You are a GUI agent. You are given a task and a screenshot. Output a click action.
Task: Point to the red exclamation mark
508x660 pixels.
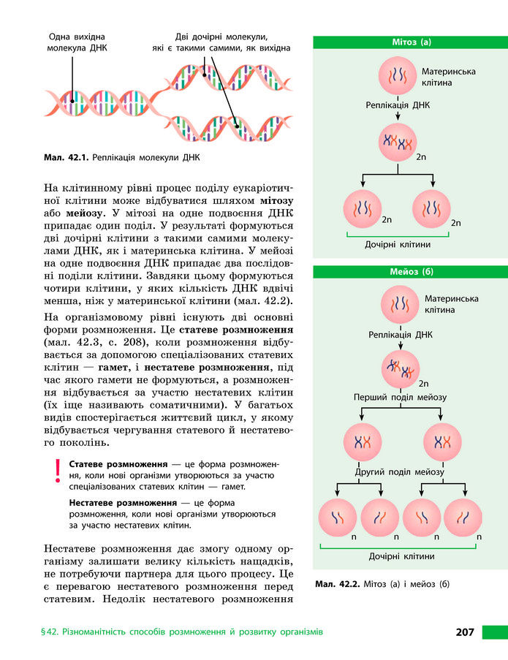[x=56, y=471]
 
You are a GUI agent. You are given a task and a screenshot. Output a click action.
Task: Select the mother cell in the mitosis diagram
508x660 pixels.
[x=398, y=77]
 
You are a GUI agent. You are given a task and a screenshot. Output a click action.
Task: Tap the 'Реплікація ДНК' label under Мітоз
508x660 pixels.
[x=398, y=105]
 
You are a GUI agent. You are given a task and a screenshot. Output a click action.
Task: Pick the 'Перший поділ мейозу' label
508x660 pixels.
[x=400, y=397]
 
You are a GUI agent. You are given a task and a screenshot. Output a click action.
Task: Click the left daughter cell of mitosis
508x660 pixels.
[x=363, y=208]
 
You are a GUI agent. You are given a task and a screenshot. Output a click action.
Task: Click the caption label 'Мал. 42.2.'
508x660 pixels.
[x=336, y=584]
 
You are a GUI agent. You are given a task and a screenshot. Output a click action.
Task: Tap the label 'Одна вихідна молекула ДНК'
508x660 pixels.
[x=77, y=42]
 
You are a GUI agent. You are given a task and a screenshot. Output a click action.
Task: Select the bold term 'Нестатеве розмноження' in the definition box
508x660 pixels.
[x=124, y=504]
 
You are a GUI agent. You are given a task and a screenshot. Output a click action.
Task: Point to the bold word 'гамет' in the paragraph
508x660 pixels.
[x=115, y=366]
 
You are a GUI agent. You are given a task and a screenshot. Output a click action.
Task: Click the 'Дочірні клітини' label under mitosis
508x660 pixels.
[x=398, y=244]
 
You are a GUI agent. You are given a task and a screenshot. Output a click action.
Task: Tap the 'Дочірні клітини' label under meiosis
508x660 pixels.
[x=401, y=555]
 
